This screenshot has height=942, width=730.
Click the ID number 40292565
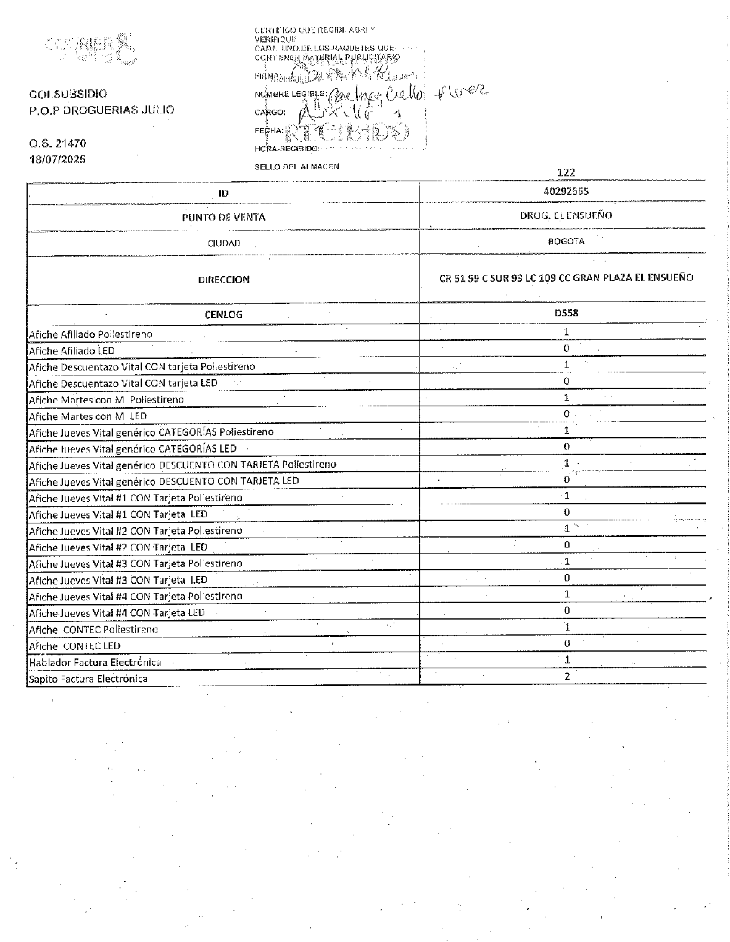[x=566, y=191]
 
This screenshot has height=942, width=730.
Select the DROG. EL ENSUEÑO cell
[x=566, y=215]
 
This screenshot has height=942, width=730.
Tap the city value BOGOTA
[x=566, y=241]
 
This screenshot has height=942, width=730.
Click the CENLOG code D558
[x=566, y=313]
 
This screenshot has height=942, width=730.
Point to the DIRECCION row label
[x=223, y=279]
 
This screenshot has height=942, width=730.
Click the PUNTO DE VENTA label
[x=223, y=217]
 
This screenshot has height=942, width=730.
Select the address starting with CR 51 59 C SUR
[x=566, y=277]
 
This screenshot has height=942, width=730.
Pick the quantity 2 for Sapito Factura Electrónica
[x=567, y=676]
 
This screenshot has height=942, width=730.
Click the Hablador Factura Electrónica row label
[x=95, y=662]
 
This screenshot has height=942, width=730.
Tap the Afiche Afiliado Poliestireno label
[x=91, y=334]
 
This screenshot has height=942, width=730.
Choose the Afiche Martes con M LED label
[x=88, y=416]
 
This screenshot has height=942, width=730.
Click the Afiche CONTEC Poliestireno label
[x=93, y=629]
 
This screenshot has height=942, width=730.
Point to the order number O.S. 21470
[x=57, y=143]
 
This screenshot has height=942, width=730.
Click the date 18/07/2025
[x=58, y=159]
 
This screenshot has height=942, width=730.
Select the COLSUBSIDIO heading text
[x=68, y=94]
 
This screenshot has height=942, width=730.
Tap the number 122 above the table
[x=566, y=173]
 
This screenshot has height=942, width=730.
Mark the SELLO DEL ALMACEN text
[x=297, y=166]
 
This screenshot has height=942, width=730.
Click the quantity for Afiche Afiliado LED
[x=566, y=348]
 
